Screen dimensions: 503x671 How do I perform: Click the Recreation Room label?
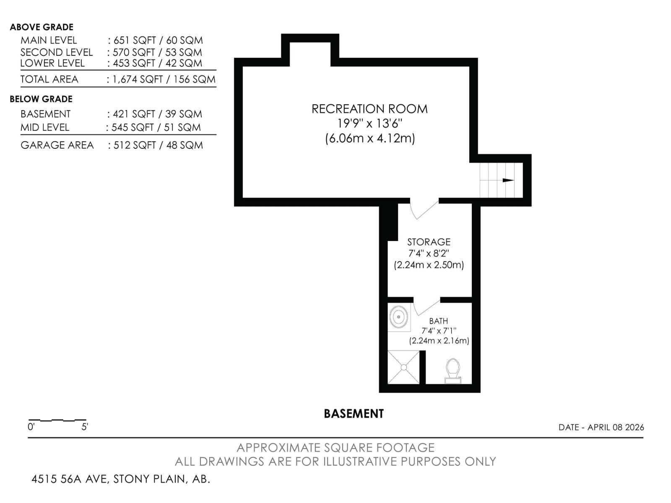(369, 109)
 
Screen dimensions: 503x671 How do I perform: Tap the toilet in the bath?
(453, 370)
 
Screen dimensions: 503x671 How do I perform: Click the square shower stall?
(403, 367)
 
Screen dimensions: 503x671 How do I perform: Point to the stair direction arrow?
(507, 180)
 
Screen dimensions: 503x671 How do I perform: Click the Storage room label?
(429, 242)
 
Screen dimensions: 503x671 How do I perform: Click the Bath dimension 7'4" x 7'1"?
(439, 331)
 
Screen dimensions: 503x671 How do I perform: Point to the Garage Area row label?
(57, 145)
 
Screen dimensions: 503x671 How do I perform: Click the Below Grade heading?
(41, 99)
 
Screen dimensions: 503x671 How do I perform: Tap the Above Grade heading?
(42, 27)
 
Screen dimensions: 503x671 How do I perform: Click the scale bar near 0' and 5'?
(57, 420)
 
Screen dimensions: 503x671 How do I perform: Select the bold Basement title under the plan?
(354, 414)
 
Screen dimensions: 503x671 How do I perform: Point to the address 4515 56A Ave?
(121, 479)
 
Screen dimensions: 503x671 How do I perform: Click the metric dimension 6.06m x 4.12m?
(370, 138)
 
